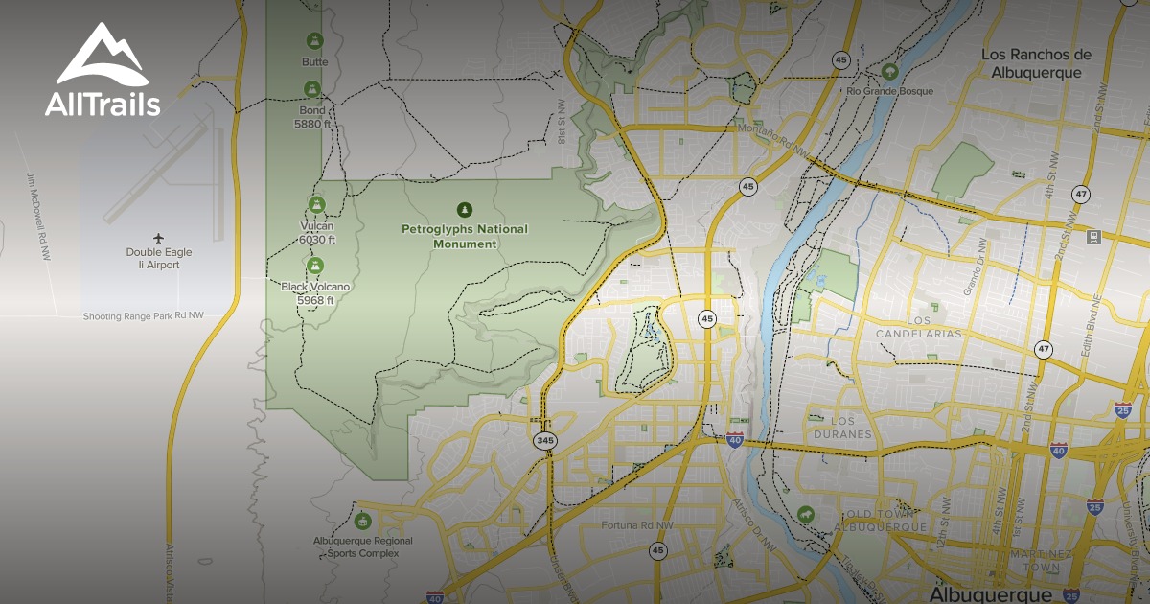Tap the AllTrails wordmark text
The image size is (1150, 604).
coord(103,105)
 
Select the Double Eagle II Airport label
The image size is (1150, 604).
coord(159,258)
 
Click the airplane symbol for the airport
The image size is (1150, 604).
coord(159,237)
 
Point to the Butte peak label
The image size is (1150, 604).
coord(314,62)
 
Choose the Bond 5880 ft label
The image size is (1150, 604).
coord(311,117)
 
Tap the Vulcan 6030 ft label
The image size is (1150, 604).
coord(317,233)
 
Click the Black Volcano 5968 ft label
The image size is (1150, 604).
coord(315,292)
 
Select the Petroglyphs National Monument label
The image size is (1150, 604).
coord(464,236)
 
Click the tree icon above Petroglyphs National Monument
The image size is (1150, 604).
coord(465,209)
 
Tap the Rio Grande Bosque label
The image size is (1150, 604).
coord(889,91)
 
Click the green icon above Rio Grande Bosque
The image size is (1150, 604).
coord(890,70)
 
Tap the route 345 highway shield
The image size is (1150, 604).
coord(545,440)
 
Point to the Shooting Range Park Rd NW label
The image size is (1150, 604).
coord(144,315)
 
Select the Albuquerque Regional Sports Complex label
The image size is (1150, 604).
coord(363,546)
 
